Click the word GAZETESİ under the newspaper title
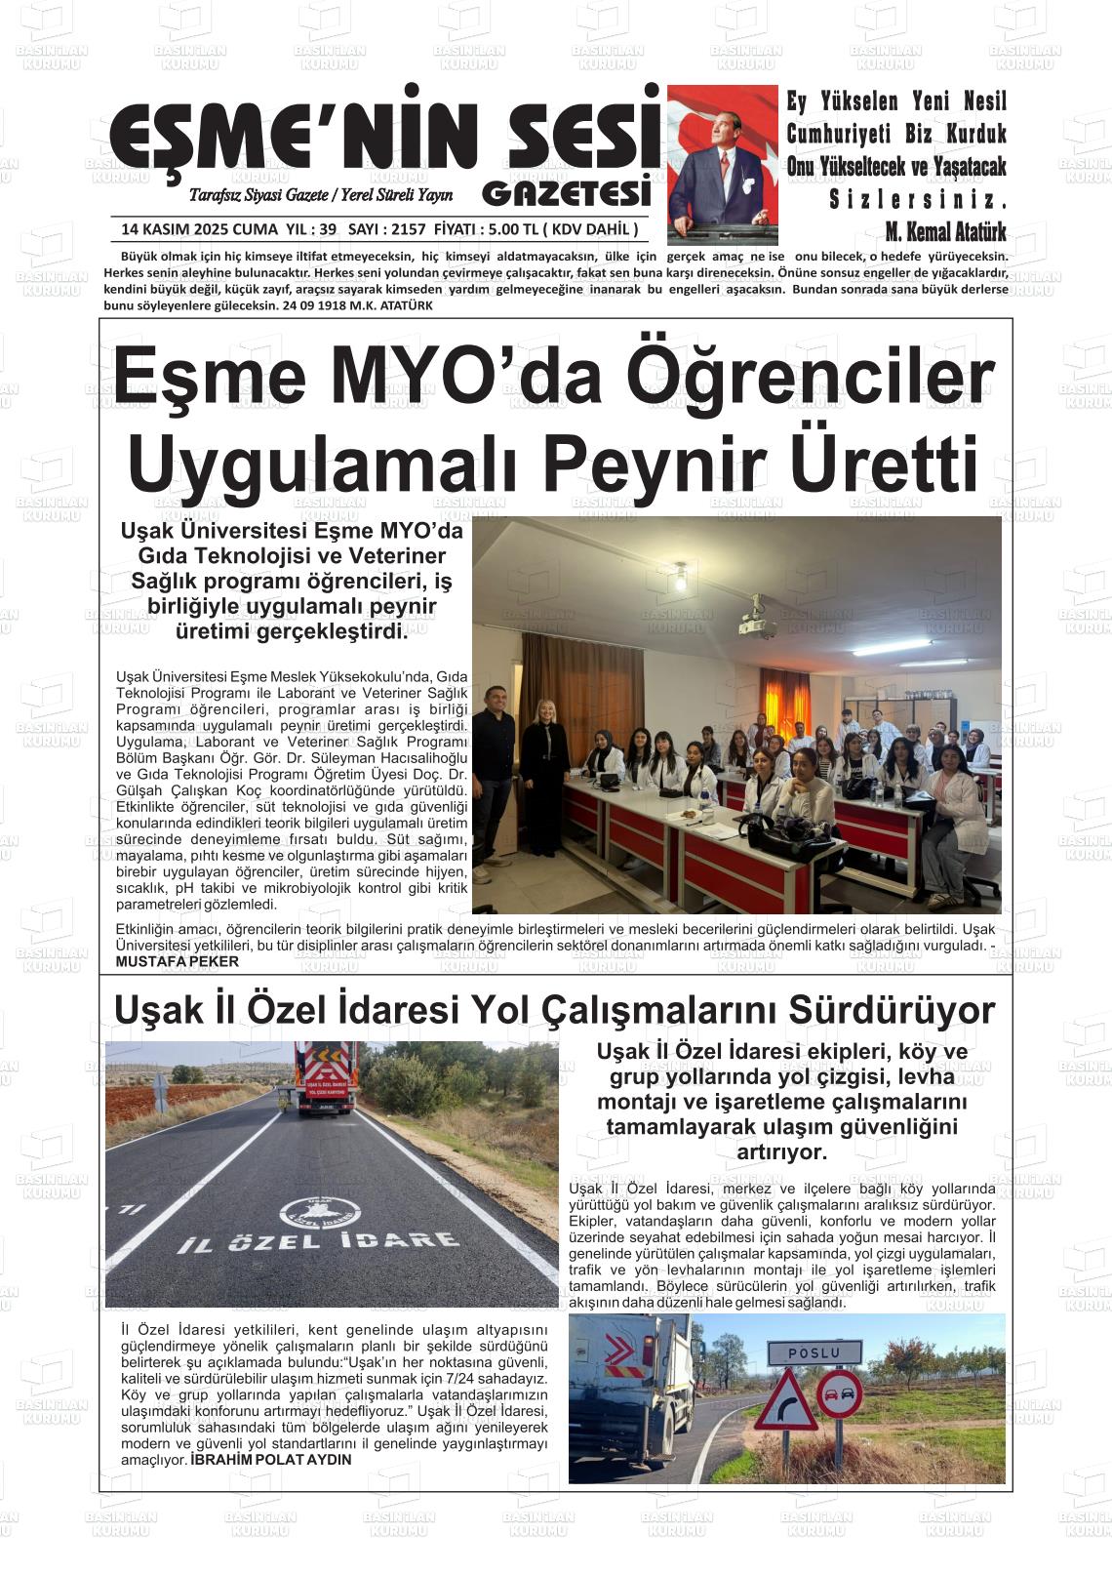566,193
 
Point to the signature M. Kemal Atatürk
945,232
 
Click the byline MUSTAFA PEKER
177,961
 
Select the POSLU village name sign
814,1352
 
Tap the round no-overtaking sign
839,1395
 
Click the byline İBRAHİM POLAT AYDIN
271,1460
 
